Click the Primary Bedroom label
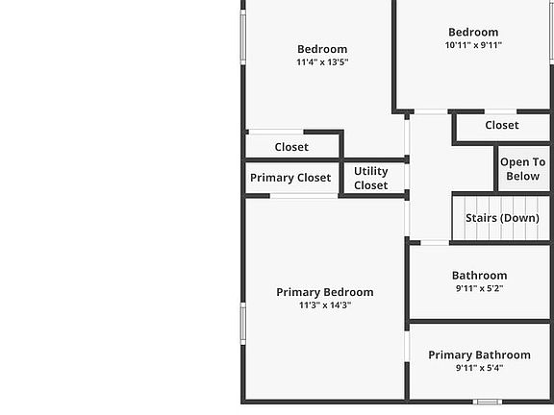point(325,293)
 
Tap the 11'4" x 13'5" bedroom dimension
point(322,62)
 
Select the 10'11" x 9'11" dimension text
point(473,45)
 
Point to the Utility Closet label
point(371,179)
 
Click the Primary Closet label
point(290,178)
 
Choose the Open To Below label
point(523,169)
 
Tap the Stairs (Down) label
point(502,218)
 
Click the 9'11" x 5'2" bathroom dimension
point(479,288)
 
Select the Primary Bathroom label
point(479,355)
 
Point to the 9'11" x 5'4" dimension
point(479,368)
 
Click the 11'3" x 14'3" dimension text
point(325,305)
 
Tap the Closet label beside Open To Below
point(502,125)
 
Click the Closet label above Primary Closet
point(291,147)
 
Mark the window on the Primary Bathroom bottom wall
point(488,402)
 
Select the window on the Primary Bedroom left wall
point(243,324)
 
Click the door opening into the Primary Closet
point(304,196)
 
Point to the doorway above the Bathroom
point(435,243)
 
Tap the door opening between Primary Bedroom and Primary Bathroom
point(407,346)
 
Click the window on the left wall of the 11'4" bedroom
point(243,37)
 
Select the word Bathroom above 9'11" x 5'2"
point(479,276)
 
